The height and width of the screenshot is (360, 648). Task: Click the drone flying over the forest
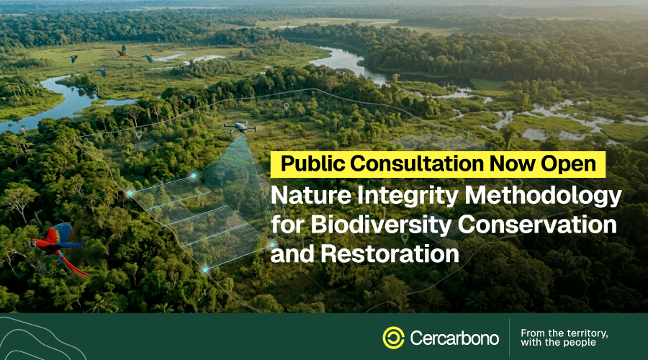click(x=240, y=127)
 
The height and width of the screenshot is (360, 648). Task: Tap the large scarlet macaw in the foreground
click(x=58, y=246)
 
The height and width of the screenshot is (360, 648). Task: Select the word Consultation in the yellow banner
click(x=417, y=163)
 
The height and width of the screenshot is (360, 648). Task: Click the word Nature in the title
click(x=311, y=196)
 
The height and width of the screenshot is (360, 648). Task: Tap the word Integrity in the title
click(x=408, y=197)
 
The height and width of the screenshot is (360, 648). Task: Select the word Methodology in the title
click(x=543, y=197)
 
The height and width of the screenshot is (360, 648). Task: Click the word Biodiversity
click(x=381, y=225)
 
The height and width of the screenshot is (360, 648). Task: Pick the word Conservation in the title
click(x=537, y=225)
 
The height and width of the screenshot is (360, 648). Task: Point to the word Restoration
click(x=390, y=253)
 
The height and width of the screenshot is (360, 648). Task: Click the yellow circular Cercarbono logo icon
click(x=393, y=338)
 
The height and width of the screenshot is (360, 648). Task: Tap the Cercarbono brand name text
click(x=454, y=338)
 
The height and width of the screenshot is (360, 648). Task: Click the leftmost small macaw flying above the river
click(x=73, y=58)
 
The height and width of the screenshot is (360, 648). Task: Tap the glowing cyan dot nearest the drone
click(x=194, y=176)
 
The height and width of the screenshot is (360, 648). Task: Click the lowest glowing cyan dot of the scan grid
click(x=205, y=270)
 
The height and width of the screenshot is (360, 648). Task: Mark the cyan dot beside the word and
click(x=272, y=245)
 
